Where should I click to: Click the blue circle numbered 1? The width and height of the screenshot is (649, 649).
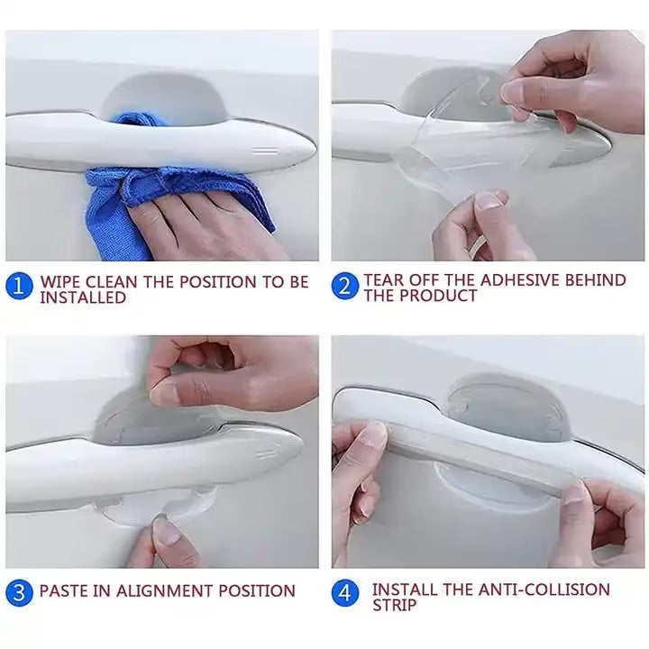point(19,286)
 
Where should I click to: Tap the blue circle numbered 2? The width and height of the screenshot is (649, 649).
point(344,286)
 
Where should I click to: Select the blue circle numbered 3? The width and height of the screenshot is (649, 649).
point(19,593)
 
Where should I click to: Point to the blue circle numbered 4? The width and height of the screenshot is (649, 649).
point(345,593)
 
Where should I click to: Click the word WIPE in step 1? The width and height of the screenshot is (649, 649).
point(60,282)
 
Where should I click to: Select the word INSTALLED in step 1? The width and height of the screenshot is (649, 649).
point(83,297)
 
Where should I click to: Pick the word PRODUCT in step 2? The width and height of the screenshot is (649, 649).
point(438,296)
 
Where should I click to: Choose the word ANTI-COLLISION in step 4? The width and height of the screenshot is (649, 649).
point(544,590)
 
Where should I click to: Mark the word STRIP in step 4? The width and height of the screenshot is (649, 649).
point(395,605)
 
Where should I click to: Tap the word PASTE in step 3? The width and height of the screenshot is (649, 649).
point(64,590)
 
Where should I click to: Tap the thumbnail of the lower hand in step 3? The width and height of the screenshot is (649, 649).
point(168,531)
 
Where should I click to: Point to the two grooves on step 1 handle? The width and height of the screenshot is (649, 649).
point(265,150)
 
